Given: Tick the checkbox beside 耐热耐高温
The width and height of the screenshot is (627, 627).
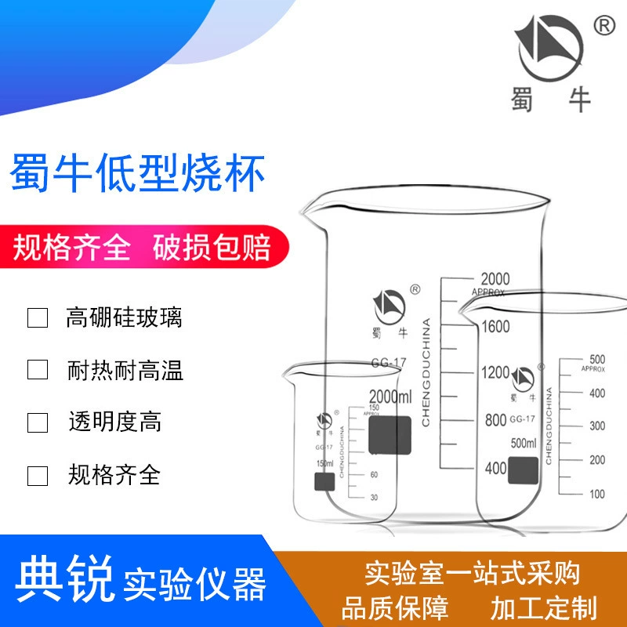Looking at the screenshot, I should click(x=38, y=370).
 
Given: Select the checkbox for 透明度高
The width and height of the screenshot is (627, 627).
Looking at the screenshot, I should click(x=38, y=422).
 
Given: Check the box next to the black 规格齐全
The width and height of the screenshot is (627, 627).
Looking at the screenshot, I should click(x=38, y=475).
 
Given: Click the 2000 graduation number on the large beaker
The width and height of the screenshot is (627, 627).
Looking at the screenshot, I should click(x=495, y=279).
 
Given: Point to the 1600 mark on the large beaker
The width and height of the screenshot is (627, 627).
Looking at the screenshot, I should click(x=495, y=327).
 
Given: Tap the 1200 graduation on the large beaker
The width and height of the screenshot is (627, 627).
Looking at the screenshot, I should click(x=495, y=373).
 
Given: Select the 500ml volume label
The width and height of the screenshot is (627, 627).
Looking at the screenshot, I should click(x=523, y=444).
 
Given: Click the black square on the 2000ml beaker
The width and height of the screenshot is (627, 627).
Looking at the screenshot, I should click(x=390, y=434).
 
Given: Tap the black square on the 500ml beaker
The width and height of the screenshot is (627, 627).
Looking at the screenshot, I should click(x=524, y=469).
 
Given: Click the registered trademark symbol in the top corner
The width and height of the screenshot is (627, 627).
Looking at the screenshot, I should click(x=604, y=26).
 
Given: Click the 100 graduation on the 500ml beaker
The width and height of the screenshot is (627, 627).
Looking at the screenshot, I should click(x=597, y=494).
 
